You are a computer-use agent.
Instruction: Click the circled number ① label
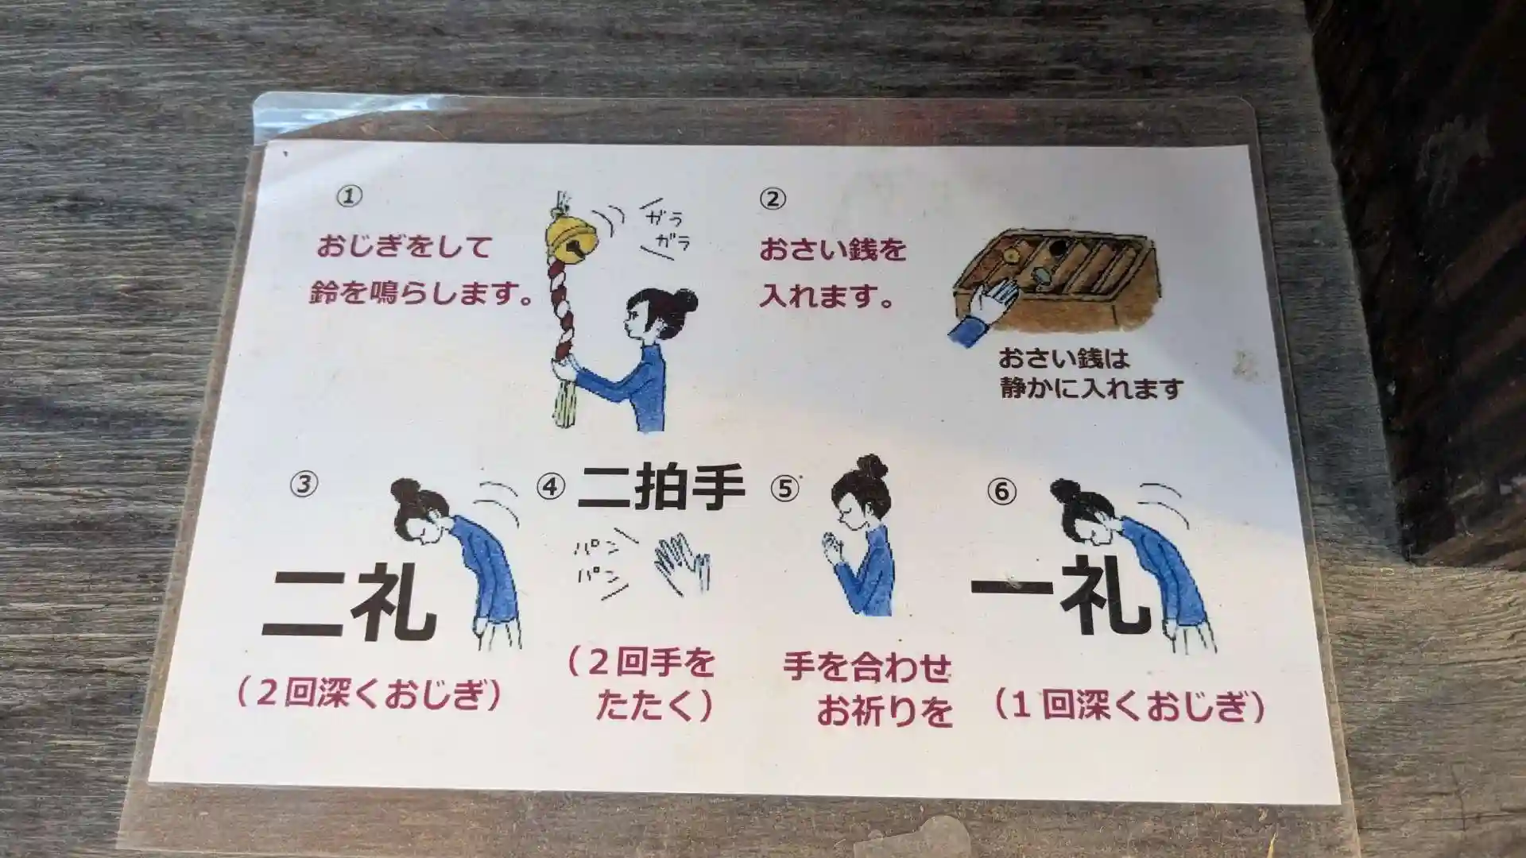tap(349, 196)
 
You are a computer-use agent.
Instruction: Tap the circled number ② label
tap(773, 199)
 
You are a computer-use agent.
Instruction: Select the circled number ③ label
tap(304, 484)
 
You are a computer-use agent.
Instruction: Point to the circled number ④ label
tap(551, 485)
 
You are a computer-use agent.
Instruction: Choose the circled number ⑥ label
tap(1002, 492)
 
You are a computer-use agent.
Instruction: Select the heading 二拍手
tap(660, 487)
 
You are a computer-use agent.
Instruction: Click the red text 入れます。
tap(826, 298)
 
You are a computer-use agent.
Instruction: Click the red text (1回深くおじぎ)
tap(1129, 706)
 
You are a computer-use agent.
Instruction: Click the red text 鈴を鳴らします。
tap(421, 294)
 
